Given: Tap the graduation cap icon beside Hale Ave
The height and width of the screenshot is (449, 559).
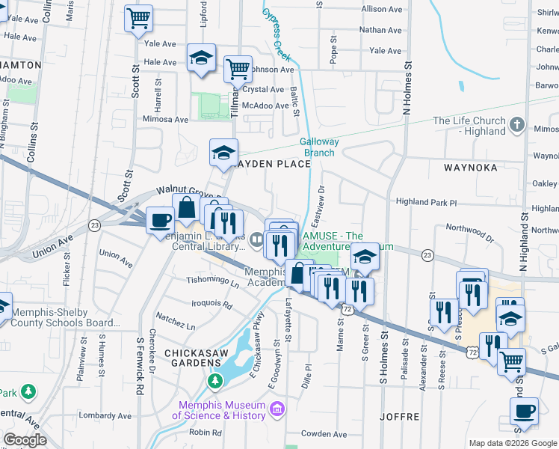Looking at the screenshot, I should point(200,58).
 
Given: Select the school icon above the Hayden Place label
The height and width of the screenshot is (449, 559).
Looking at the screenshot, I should point(223,153).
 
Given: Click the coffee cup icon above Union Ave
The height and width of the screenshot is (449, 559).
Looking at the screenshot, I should point(160,220).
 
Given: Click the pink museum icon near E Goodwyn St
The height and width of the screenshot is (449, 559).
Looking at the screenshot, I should point(277,409).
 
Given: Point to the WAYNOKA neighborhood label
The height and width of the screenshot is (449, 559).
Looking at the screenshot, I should point(470,168).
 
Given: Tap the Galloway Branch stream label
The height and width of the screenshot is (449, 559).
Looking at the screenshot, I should point(319,147).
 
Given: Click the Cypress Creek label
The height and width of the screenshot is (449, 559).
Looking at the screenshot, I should point(275,34).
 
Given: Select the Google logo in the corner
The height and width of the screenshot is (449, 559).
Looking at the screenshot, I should point(25,440).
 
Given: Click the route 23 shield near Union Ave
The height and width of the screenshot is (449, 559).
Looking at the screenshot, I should point(94,224).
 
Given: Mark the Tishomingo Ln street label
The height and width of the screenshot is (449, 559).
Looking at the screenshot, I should point(212,282).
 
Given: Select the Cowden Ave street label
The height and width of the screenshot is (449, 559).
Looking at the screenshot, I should point(324,434).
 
